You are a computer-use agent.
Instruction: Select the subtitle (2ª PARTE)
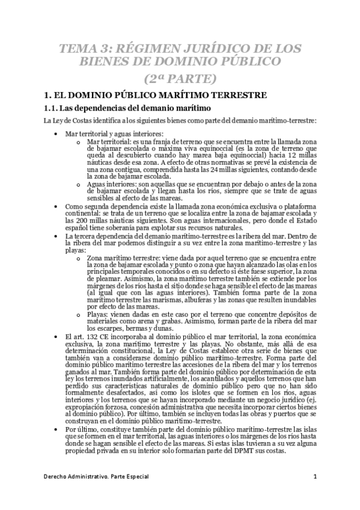(180, 78)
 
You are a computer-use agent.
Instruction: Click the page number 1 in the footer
(314, 477)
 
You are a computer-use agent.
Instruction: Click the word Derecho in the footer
(57, 477)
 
